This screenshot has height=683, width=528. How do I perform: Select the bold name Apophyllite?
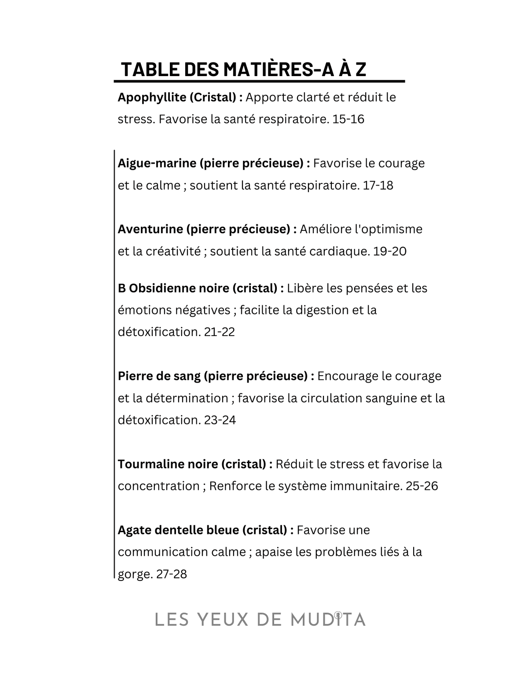click(152, 97)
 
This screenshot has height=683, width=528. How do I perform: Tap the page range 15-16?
click(348, 119)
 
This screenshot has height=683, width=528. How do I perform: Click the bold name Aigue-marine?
click(157, 163)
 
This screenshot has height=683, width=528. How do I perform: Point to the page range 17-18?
click(378, 185)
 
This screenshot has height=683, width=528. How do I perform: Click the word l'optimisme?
click(383, 229)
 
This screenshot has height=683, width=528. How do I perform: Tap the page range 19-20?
click(389, 251)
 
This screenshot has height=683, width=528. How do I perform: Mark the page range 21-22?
click(220, 332)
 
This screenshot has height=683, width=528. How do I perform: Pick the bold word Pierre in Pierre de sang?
click(136, 376)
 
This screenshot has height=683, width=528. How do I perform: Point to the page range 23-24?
click(220, 420)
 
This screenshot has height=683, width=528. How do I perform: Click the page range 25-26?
click(422, 486)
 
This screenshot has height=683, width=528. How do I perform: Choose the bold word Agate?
click(133, 530)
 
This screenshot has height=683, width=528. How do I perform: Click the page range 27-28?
click(172, 574)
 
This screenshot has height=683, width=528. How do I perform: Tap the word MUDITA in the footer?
click(328, 620)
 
